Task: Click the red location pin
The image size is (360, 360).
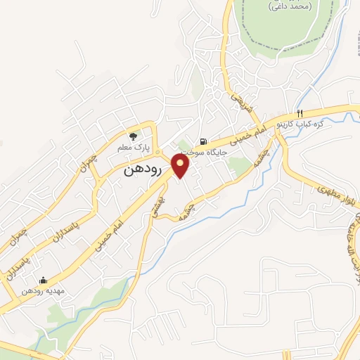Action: point(181,166)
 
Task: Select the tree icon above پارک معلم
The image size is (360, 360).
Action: point(133,136)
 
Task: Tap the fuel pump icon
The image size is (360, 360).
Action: point(203,141)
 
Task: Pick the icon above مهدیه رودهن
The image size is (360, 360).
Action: point(44,280)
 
